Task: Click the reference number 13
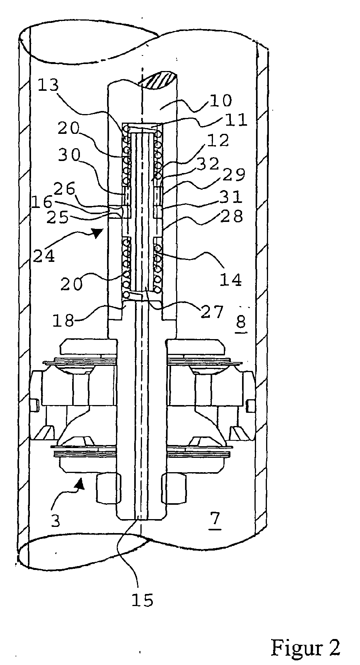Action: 48,85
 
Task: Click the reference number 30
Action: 69,155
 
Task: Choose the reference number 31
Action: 232,197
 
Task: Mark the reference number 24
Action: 44,256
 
